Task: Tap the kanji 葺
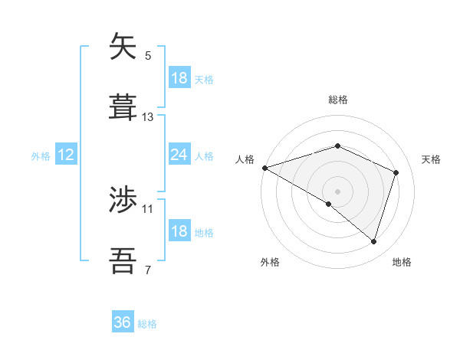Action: click(x=123, y=106)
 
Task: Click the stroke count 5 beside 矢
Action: click(x=147, y=56)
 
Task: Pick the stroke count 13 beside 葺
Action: click(x=148, y=117)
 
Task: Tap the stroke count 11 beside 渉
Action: click(x=148, y=208)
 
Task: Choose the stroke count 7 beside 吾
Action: click(x=147, y=270)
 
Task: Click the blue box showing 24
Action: click(x=179, y=155)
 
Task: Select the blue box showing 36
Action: click(x=123, y=322)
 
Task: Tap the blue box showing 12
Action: click(x=66, y=155)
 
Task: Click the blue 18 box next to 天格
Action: click(x=179, y=78)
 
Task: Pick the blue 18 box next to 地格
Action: click(x=179, y=231)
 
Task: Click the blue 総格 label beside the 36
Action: click(x=147, y=324)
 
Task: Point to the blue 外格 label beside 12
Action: click(x=41, y=156)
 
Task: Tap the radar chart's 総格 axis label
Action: click(x=337, y=100)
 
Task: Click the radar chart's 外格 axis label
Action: click(x=270, y=263)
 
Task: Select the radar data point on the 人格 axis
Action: click(x=264, y=168)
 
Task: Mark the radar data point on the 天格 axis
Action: click(x=396, y=172)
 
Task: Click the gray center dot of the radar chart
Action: click(x=337, y=191)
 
